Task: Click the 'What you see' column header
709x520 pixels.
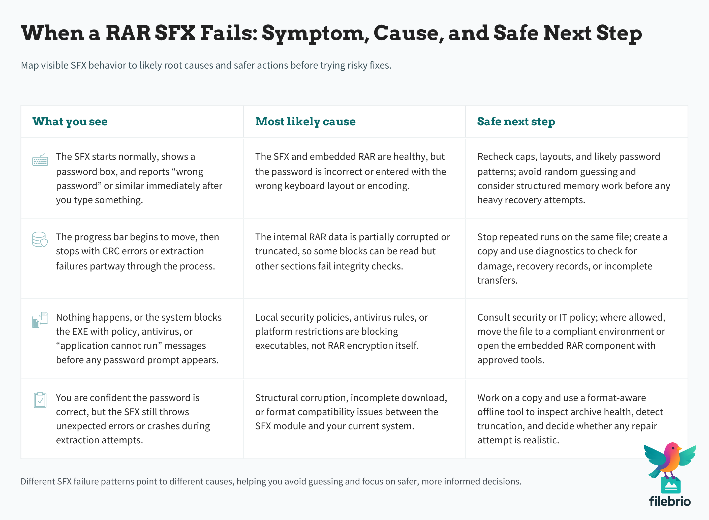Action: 70,121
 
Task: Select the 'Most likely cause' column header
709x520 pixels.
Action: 305,121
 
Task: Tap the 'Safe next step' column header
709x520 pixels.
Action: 516,121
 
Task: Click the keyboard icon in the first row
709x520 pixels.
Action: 40,160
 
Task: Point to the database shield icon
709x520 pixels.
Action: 40,239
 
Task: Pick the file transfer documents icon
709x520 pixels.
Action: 40,320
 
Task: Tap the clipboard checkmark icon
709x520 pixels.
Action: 40,400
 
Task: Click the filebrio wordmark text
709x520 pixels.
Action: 670,501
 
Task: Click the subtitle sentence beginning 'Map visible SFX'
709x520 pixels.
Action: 206,65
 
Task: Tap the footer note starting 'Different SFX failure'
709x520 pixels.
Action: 271,481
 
